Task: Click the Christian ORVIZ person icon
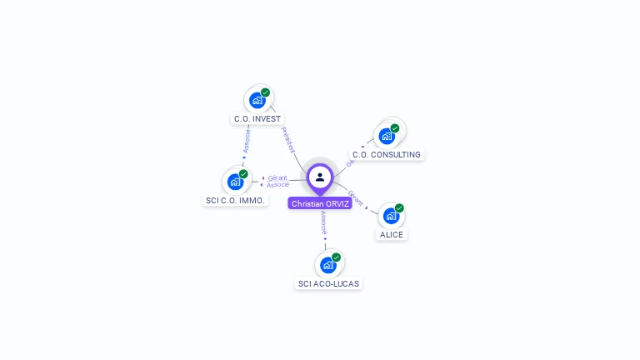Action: [320, 177]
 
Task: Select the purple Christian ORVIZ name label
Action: [320, 203]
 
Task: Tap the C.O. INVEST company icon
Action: [257, 100]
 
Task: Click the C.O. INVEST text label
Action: [257, 118]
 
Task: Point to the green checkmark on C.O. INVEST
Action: [265, 92]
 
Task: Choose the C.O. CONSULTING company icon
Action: [387, 136]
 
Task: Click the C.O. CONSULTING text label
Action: [387, 154]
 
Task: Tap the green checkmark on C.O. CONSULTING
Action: [394, 128]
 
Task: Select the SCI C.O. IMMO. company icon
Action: [236, 182]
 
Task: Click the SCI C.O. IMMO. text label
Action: [235, 200]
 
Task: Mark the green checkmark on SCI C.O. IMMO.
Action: [243, 174]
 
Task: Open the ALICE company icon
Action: [391, 216]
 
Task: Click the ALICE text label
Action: [392, 234]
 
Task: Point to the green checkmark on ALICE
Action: [399, 208]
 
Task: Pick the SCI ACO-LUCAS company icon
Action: [328, 265]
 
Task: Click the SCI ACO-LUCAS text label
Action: [328, 283]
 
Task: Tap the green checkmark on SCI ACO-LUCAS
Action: [336, 257]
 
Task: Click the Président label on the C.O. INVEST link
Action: [287, 139]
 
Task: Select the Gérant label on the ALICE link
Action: [356, 198]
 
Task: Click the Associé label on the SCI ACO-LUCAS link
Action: [323, 222]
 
